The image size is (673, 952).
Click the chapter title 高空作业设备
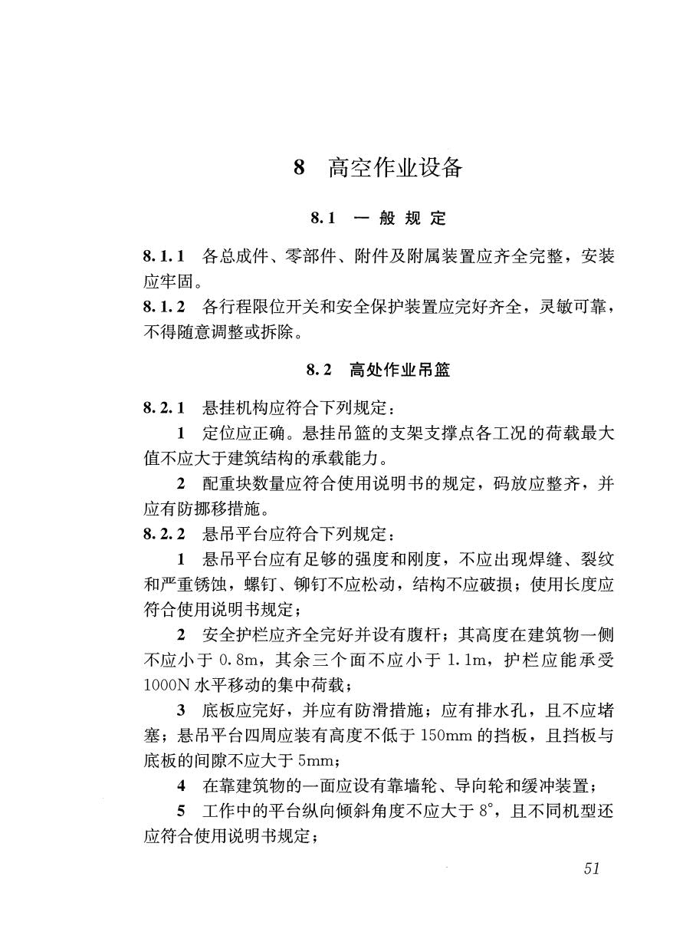click(396, 167)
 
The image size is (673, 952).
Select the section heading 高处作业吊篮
click(399, 371)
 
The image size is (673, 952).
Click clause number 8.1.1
click(164, 256)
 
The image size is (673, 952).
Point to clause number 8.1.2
click(164, 308)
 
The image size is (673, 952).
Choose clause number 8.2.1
click(164, 407)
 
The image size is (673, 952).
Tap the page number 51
click(590, 868)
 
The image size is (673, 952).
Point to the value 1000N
click(161, 684)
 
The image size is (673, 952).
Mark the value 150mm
click(450, 735)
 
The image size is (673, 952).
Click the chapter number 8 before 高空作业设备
click(300, 168)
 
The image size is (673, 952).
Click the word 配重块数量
click(247, 483)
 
